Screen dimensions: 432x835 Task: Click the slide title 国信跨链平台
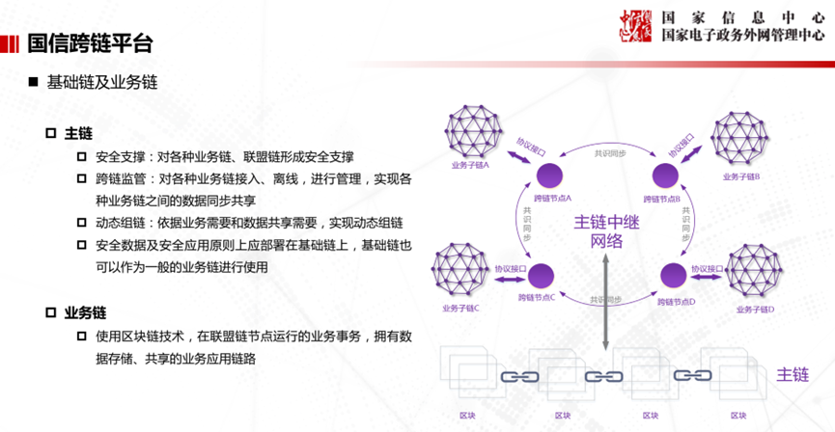[x=90, y=43]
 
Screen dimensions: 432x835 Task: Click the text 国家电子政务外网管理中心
[x=742, y=35]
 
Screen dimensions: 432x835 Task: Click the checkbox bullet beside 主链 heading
[x=51, y=132]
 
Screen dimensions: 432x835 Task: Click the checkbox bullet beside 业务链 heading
[x=51, y=312]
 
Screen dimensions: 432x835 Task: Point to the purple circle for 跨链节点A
[x=549, y=175]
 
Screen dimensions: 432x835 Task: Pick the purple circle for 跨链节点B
[x=665, y=175]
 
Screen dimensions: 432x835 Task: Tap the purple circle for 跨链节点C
[x=549, y=275]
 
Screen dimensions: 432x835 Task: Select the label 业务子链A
[x=470, y=165]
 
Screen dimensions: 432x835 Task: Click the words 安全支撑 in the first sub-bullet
[x=120, y=157]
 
